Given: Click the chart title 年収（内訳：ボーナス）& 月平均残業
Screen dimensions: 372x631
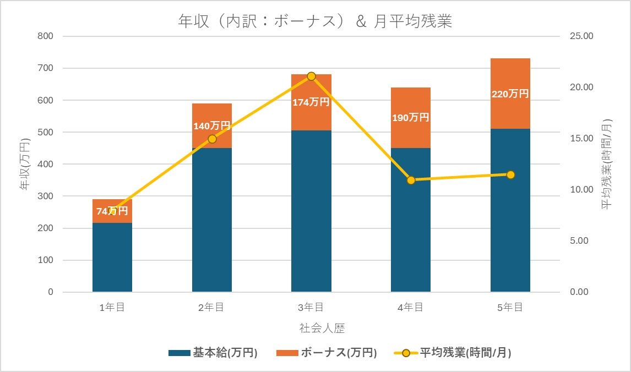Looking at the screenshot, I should [315, 21].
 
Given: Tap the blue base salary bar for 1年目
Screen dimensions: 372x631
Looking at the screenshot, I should [112, 257].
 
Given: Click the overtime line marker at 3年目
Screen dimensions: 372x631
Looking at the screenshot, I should [311, 76].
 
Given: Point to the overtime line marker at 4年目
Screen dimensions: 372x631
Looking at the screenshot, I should [411, 180].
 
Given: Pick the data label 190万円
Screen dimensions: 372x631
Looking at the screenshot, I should [411, 118].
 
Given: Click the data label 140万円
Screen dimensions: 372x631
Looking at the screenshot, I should [211, 126].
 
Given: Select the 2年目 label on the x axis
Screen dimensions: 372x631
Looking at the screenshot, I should [211, 308].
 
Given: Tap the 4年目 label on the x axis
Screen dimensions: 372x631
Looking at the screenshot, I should [411, 308].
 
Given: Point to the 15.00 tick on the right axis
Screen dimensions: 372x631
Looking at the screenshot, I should [581, 139].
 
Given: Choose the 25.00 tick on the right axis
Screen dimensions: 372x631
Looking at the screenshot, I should [581, 36].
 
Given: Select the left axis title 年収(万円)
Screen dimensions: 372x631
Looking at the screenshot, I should [25, 164].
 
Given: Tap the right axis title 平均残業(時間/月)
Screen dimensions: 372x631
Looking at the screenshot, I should [606, 164].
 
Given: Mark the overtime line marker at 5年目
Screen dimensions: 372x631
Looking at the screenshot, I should [510, 174].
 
